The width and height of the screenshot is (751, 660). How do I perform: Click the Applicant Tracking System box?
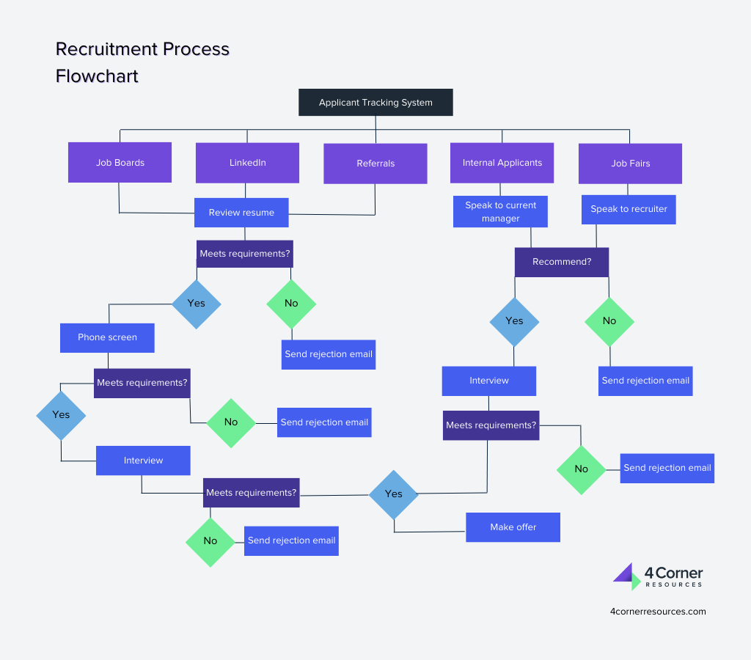coord(375,103)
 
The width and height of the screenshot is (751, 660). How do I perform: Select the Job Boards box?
coord(120,162)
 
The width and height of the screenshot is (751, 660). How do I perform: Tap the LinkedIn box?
coord(247,162)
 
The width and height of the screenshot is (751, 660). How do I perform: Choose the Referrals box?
coord(375,163)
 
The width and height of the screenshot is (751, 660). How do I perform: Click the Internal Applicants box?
coord(502,162)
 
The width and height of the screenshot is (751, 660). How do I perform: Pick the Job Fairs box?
coord(630,163)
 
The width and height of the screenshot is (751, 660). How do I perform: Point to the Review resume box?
coord(241,213)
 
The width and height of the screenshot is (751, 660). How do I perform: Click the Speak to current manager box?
coord(500,212)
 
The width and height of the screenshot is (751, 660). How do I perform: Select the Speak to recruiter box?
coord(629,209)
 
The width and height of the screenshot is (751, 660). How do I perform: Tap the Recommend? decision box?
coord(561,262)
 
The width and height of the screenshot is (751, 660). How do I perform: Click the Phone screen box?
coord(107,337)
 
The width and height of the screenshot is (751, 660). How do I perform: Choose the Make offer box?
coord(513,527)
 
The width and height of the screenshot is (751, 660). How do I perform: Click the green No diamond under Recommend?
coord(609,321)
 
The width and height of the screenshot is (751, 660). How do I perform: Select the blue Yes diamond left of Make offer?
coord(394,494)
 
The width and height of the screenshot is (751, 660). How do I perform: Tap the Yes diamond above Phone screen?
coord(196,303)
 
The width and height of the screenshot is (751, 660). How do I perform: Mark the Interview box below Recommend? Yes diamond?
coord(488,381)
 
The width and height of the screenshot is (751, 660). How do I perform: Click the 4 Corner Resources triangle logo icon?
coord(626,576)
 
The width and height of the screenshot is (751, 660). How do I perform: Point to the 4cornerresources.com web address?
coord(658,611)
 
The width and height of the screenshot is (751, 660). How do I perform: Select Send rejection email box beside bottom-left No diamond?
coord(291,540)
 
